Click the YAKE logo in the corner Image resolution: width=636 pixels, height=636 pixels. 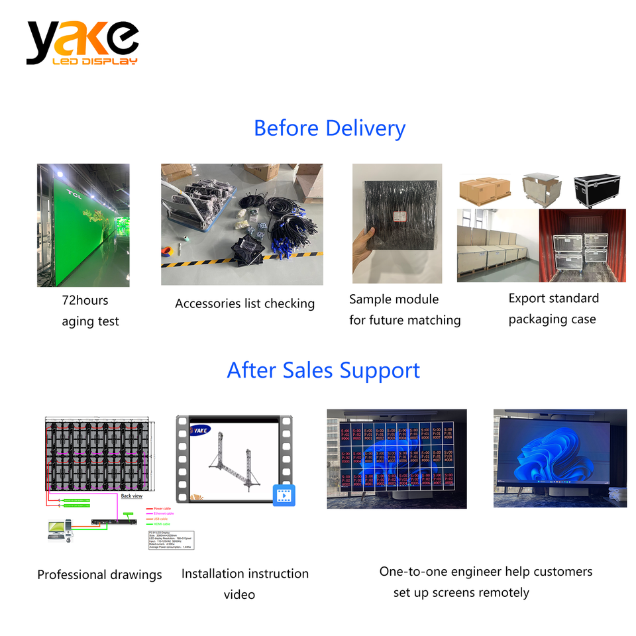82,43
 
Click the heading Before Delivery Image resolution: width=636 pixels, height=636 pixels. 329,128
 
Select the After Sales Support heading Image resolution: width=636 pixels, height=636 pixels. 323,370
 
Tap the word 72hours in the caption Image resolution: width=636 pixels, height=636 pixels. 85,300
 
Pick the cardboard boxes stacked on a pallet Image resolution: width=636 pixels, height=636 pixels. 484,190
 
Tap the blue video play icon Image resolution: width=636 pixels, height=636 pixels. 284,494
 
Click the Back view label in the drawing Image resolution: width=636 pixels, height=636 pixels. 132,496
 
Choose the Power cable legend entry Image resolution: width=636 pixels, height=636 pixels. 162,508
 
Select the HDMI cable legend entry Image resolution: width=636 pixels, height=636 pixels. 162,524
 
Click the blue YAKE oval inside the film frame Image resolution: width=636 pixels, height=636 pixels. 200,430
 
